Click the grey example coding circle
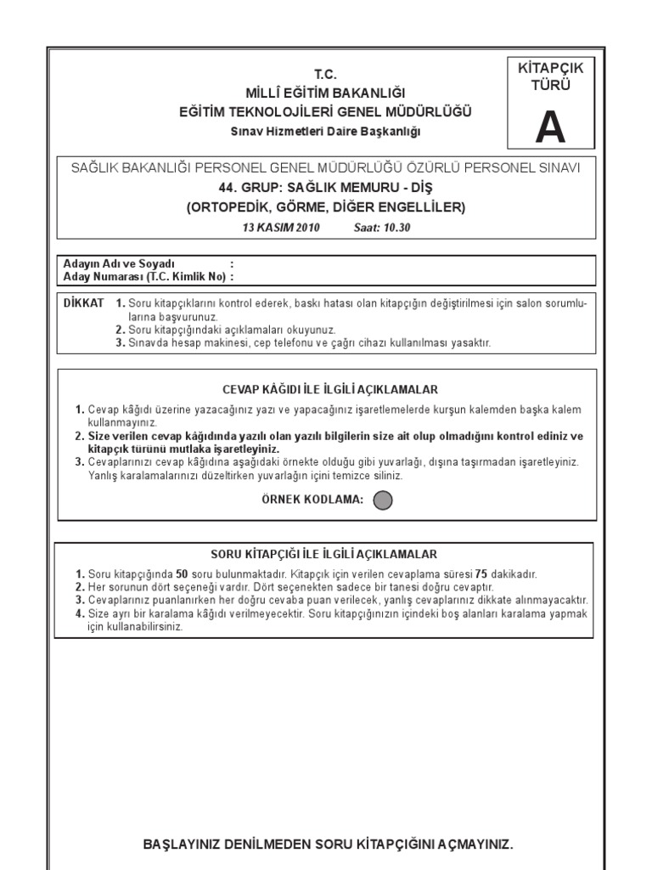(x=383, y=500)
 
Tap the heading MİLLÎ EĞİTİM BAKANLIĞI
(x=326, y=93)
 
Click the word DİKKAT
(x=84, y=302)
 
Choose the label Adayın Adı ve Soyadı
(x=119, y=263)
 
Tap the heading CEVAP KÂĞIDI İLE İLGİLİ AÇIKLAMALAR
(x=329, y=389)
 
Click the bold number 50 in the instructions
(x=182, y=574)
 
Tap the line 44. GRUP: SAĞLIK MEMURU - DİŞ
(x=326, y=187)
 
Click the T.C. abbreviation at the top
(x=326, y=75)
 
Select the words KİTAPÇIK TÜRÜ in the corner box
(x=549, y=76)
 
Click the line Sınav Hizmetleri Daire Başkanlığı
(x=326, y=131)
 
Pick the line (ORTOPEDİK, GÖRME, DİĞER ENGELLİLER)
(x=326, y=206)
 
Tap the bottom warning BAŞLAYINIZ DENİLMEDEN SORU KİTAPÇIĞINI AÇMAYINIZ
(x=329, y=822)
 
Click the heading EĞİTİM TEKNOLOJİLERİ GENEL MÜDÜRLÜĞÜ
(x=326, y=111)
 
